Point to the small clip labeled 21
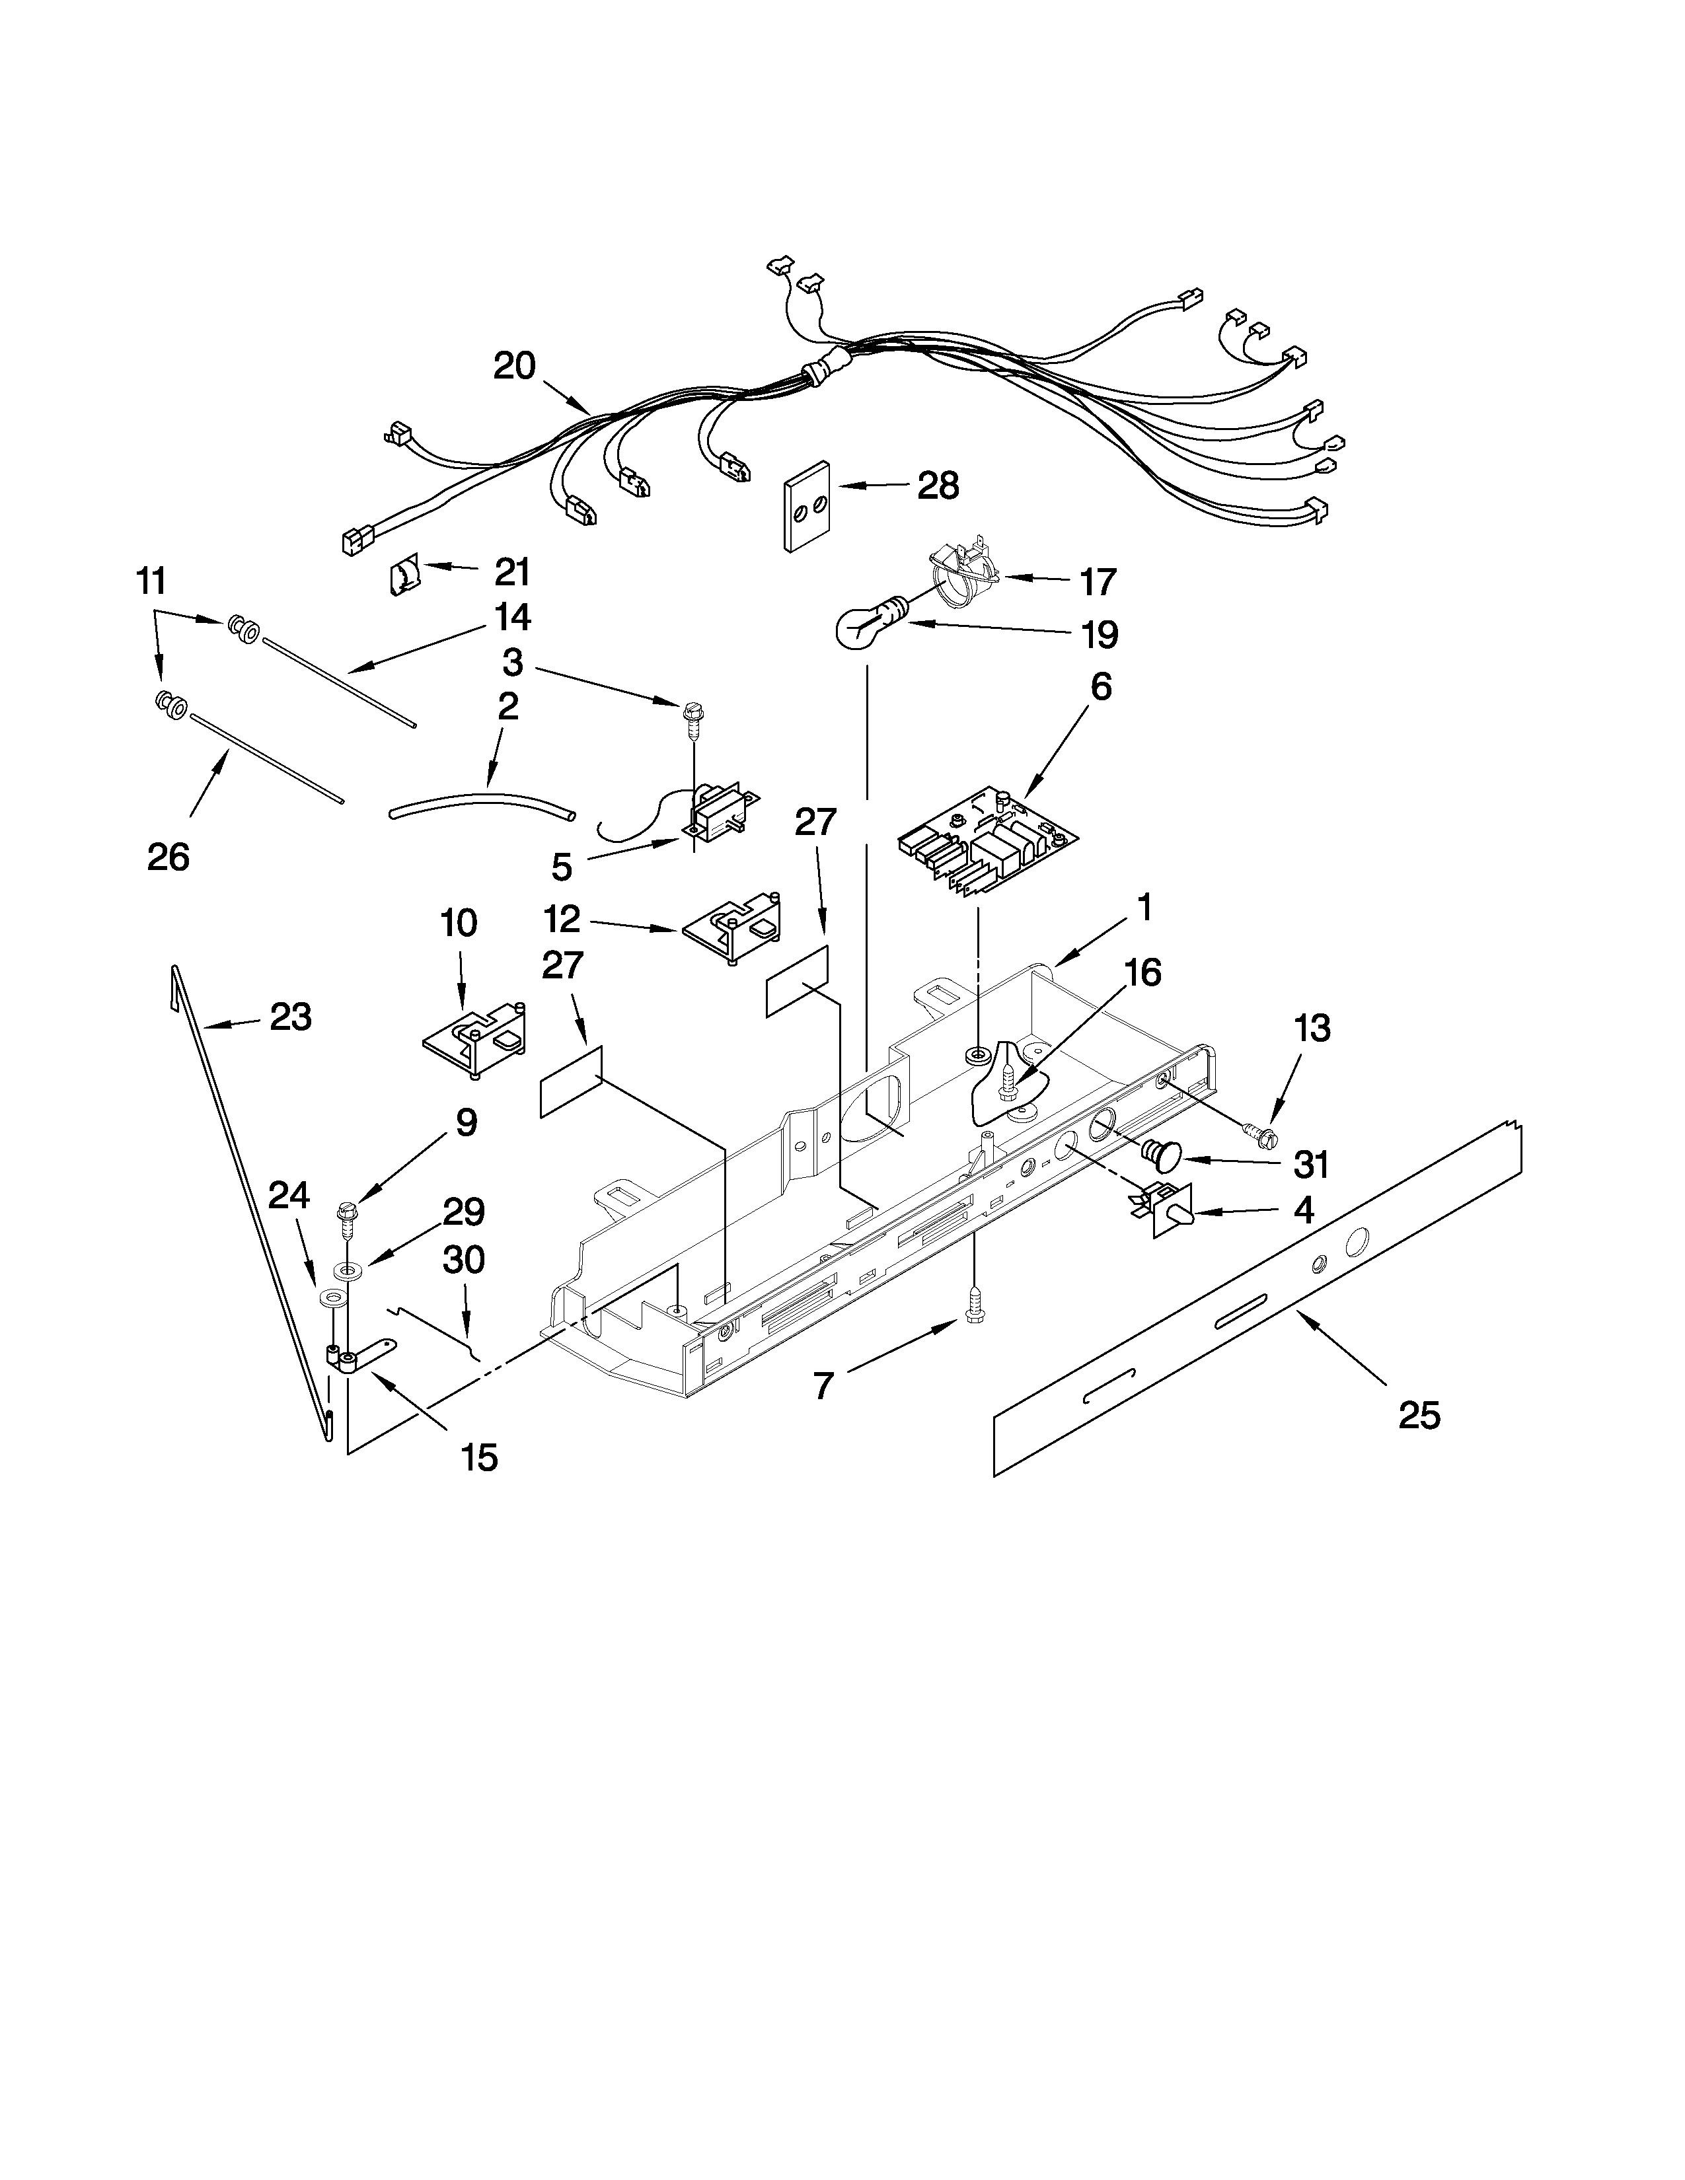(402, 577)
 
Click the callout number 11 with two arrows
(152, 580)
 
